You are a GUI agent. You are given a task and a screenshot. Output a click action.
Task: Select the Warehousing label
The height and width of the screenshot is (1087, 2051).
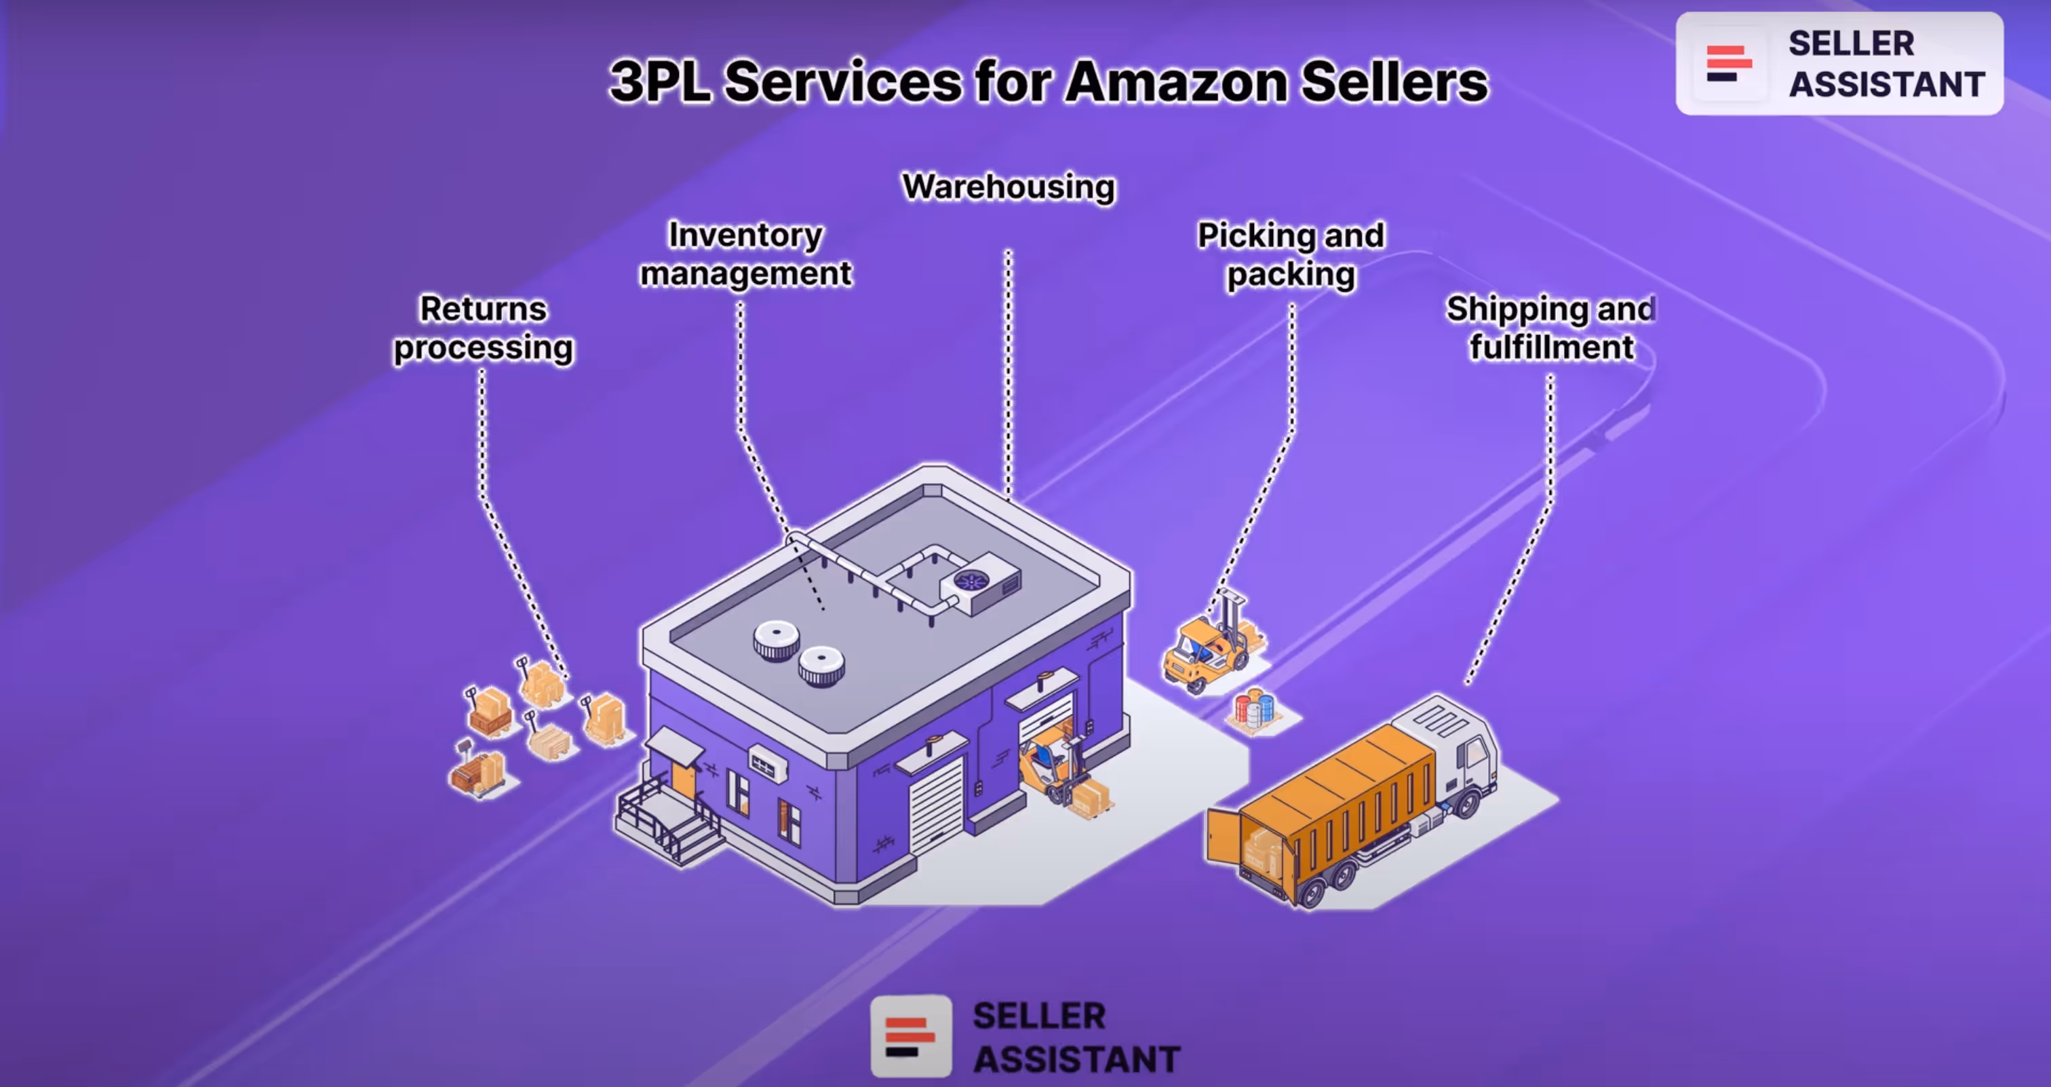click(x=1008, y=187)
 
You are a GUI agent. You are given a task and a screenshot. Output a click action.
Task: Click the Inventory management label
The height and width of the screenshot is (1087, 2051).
click(x=745, y=254)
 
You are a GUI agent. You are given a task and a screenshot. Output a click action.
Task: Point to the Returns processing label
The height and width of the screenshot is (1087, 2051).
click(x=484, y=328)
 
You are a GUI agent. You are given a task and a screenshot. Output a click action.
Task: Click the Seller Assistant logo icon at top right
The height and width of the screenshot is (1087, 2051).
click(x=1727, y=64)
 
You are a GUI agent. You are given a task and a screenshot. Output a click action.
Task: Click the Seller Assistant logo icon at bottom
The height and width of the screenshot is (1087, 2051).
click(x=911, y=1035)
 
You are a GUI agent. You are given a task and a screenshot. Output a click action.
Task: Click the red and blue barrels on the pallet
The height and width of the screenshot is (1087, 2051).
click(x=1254, y=708)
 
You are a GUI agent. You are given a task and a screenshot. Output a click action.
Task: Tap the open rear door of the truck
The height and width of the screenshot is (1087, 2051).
click(x=1224, y=836)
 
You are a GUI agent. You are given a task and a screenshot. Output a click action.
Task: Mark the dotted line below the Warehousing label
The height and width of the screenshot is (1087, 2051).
click(x=1008, y=375)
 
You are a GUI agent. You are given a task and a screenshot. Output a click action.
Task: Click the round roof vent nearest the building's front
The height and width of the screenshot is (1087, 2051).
click(x=821, y=666)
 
